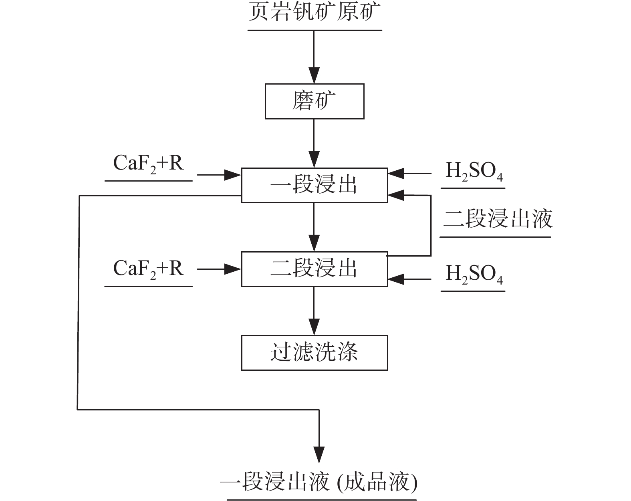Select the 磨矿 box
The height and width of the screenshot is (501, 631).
tap(314, 101)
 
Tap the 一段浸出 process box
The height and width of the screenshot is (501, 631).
tap(314, 185)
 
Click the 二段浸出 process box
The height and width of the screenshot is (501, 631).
tap(314, 269)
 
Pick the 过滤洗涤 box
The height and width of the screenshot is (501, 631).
tap(314, 353)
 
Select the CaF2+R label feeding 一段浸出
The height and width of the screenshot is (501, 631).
tap(149, 164)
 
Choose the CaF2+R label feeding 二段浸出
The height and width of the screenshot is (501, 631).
tap(149, 269)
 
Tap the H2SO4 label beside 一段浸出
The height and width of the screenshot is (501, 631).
tap(474, 172)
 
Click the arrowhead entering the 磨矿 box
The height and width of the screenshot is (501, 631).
tap(314, 76)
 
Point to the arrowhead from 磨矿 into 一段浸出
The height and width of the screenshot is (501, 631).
tap(314, 160)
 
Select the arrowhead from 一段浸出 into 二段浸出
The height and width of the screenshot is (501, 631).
tap(314, 244)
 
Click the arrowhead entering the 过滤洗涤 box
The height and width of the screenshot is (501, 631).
tap(314, 327)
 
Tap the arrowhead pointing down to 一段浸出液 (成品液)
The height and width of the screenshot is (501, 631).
tap(319, 455)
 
